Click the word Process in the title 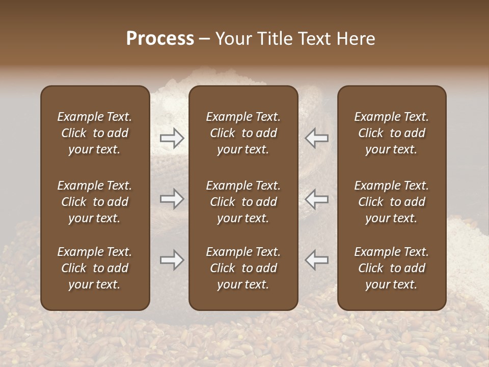[x=160, y=39]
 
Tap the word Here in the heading [x=356, y=39]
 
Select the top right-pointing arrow [x=172, y=138]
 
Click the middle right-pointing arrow [x=172, y=199]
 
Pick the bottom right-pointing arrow [x=172, y=260]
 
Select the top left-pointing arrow [x=317, y=138]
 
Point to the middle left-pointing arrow [x=317, y=199]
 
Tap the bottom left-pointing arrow [x=317, y=260]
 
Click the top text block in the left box [x=95, y=133]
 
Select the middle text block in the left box [x=95, y=202]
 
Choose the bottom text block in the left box [x=95, y=268]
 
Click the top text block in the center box [x=243, y=133]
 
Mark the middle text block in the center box [x=243, y=202]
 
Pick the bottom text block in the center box [x=243, y=268]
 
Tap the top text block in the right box [x=391, y=133]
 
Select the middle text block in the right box [x=391, y=202]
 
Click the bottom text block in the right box [x=391, y=268]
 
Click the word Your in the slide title [x=232, y=39]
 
